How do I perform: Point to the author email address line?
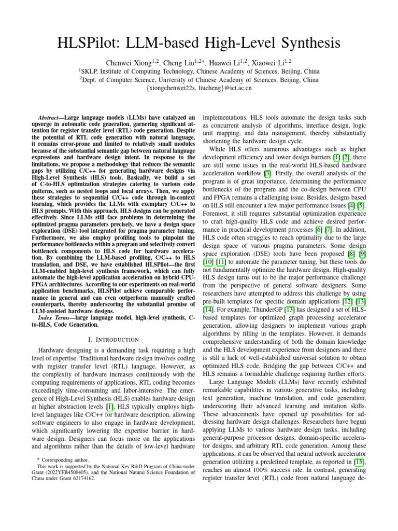[x=199, y=88]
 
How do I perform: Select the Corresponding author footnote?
[x=60, y=459]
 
